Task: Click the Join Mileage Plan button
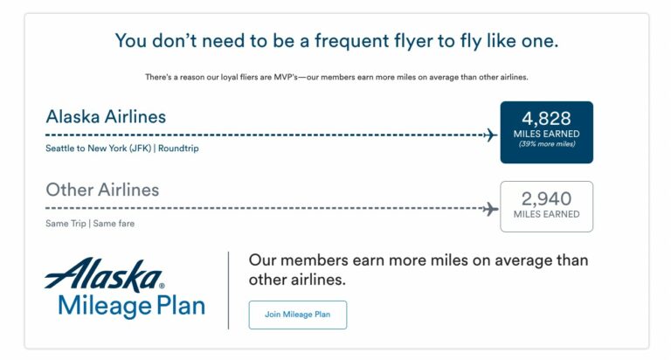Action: pyautogui.click(x=297, y=315)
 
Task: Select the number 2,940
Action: pyautogui.click(x=546, y=197)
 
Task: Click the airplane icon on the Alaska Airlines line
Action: pyautogui.click(x=490, y=135)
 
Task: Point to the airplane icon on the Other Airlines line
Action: pyautogui.click(x=490, y=209)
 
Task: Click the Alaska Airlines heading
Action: pyautogui.click(x=106, y=116)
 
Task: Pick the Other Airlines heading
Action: pyautogui.click(x=102, y=190)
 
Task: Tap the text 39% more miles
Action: pyautogui.click(x=546, y=144)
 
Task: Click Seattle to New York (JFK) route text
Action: pyautogui.click(x=99, y=149)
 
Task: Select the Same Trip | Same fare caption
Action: pyautogui.click(x=90, y=224)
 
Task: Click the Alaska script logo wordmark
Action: pyautogui.click(x=104, y=275)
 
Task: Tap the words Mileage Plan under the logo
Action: pyautogui.click(x=131, y=306)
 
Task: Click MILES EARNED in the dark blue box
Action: pyautogui.click(x=546, y=134)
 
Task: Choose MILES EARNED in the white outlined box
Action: pyautogui.click(x=546, y=214)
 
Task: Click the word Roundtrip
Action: pyautogui.click(x=178, y=149)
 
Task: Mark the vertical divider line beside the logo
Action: pyautogui.click(x=229, y=290)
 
